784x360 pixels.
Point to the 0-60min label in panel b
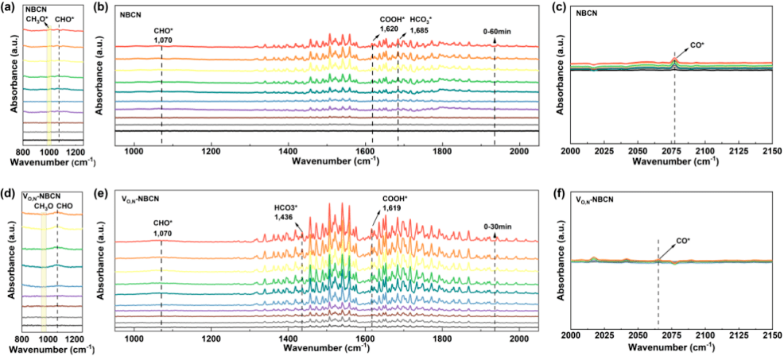pyautogui.click(x=498, y=30)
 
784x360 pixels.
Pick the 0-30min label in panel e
pyautogui.click(x=498, y=226)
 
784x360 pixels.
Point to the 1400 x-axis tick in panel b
pyautogui.click(x=289, y=150)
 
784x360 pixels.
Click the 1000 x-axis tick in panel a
pyautogui.click(x=49, y=151)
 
